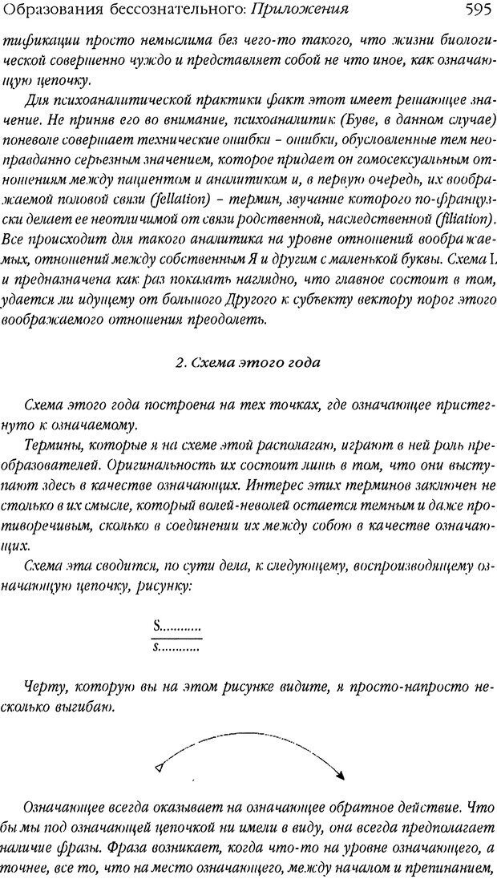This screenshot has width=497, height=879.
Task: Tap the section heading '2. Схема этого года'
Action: click(x=248, y=362)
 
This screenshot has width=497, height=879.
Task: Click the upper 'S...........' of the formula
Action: click(x=176, y=627)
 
